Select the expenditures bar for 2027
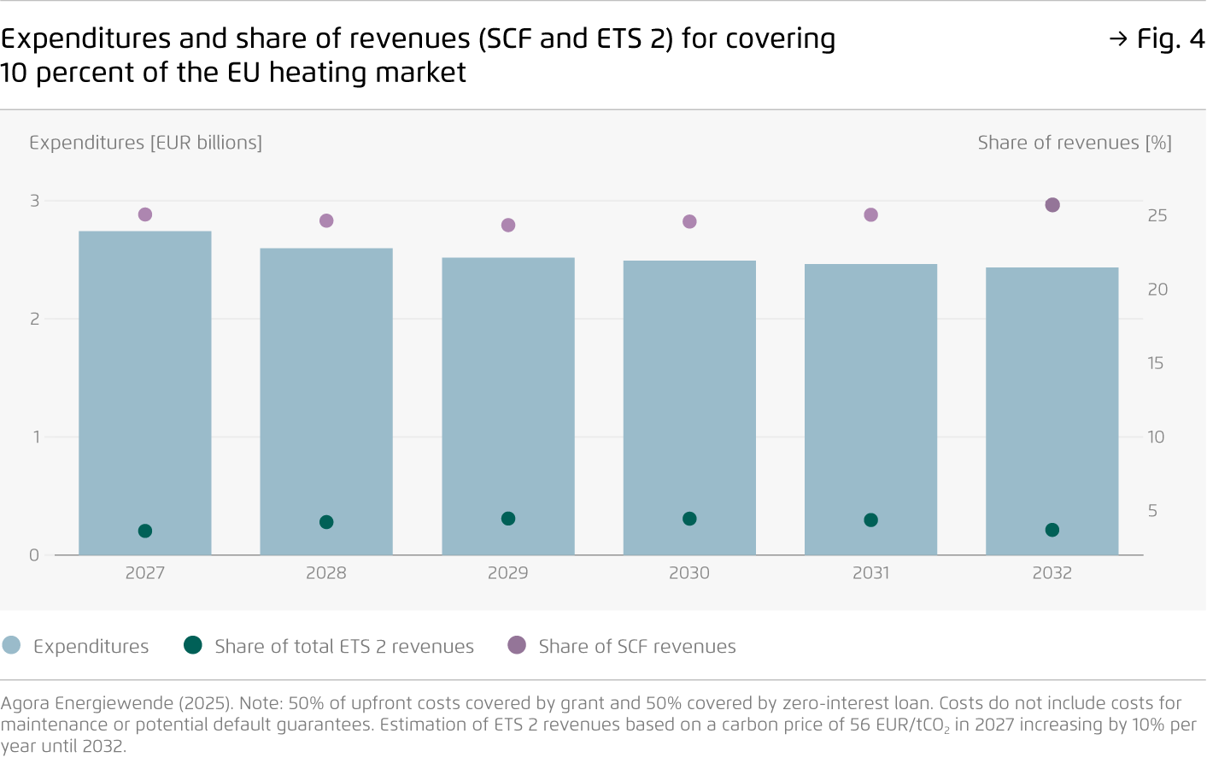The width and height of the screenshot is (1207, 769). click(145, 393)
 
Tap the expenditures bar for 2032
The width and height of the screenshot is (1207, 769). click(1052, 411)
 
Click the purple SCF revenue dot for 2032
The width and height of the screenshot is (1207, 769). click(1052, 205)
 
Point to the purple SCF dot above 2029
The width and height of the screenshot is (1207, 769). click(508, 225)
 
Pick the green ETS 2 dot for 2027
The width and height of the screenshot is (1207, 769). click(145, 531)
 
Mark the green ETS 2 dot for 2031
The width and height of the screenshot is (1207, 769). click(870, 520)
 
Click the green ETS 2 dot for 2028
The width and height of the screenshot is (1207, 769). click(326, 522)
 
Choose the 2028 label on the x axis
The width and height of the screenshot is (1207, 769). click(326, 573)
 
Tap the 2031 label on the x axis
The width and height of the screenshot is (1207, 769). click(870, 573)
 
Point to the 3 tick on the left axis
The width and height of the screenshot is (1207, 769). click(35, 201)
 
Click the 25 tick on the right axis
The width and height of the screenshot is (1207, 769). click(1157, 216)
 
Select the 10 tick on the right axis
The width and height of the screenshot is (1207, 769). click(1156, 437)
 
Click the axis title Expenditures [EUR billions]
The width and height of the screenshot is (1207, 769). click(145, 143)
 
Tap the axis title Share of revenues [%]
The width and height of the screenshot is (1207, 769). click(1074, 143)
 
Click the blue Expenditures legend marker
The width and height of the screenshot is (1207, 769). click(12, 645)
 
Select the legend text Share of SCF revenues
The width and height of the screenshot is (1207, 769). click(636, 647)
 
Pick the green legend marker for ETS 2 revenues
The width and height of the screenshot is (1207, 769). click(193, 645)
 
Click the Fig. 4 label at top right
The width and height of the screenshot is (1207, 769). click(1169, 38)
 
